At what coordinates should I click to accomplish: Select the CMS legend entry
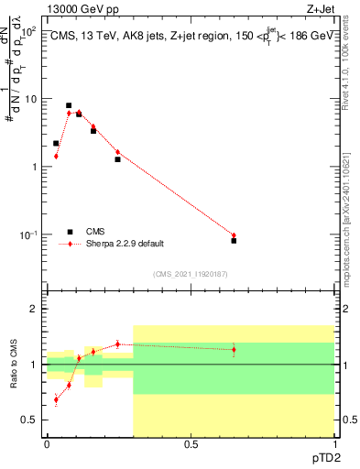click(x=92, y=232)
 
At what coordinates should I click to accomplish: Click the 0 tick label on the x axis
click(x=47, y=445)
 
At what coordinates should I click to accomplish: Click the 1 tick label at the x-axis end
click(x=333, y=445)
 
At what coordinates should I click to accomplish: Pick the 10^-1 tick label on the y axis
click(x=31, y=235)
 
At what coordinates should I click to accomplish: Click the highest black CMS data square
click(x=69, y=105)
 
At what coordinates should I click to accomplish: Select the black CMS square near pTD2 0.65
click(x=234, y=241)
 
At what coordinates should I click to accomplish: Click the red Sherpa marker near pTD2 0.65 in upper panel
click(x=234, y=235)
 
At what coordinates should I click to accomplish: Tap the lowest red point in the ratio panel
click(x=57, y=399)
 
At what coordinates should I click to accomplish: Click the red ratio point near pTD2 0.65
click(x=234, y=349)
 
